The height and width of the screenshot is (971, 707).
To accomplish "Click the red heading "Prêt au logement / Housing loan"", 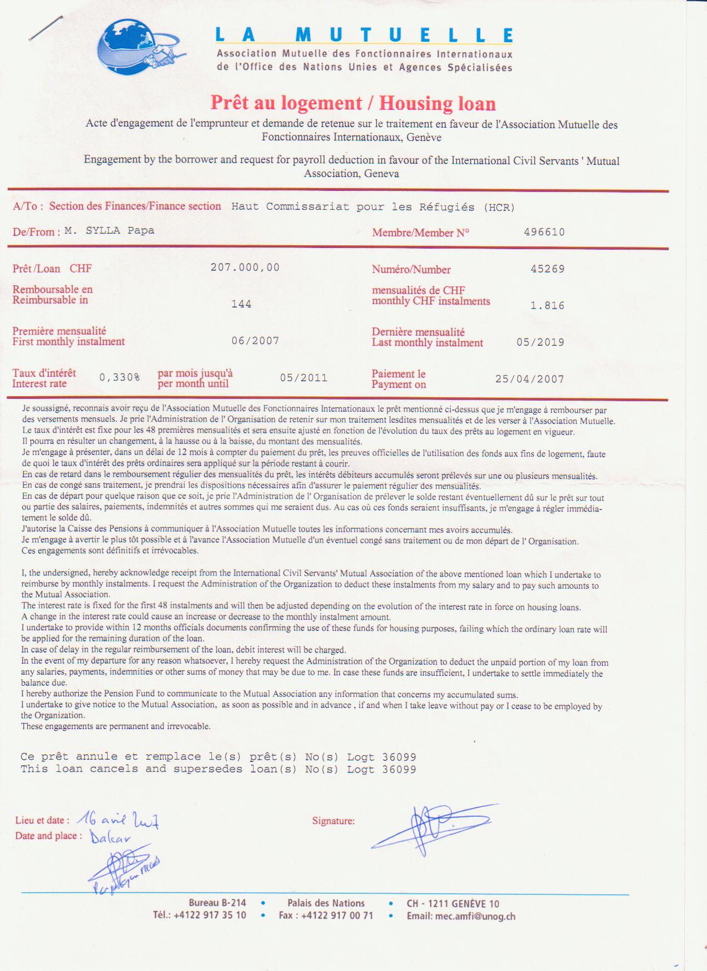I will click(353, 103).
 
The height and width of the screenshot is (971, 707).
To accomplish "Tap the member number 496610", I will click(544, 232).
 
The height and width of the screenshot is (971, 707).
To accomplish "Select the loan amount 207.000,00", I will click(245, 267).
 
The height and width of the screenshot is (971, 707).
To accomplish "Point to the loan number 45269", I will click(547, 269).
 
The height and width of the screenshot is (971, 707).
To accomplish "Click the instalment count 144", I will click(241, 304).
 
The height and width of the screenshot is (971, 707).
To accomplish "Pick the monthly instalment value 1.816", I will click(547, 306).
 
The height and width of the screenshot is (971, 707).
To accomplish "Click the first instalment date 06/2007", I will click(255, 341).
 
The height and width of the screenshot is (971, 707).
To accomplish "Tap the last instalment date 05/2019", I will click(540, 342).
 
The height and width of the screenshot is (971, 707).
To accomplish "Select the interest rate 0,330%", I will click(119, 377).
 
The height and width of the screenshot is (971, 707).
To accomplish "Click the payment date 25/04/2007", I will click(529, 380).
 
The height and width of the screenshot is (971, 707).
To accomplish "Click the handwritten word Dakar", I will click(110, 837).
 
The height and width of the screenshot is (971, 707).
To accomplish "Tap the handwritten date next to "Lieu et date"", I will click(118, 819).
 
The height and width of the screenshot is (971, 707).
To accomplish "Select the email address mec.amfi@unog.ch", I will click(461, 916).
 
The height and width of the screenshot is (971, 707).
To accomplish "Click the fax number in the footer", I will click(326, 915).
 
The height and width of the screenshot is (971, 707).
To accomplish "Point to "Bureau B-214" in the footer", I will click(217, 903).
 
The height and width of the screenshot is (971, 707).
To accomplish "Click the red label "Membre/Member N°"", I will click(420, 232).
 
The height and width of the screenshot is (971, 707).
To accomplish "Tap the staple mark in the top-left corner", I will click(45, 28).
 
